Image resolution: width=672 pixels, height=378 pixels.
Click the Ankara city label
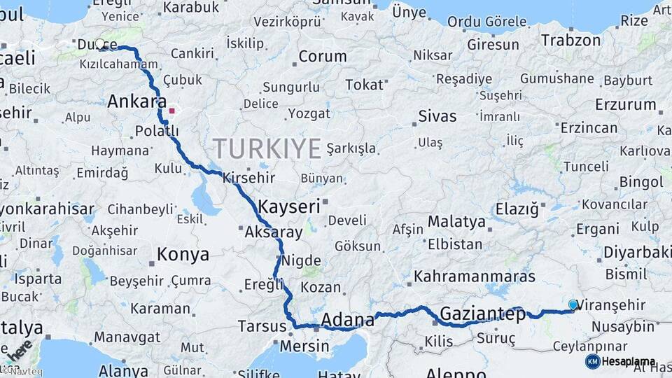tap(136, 102)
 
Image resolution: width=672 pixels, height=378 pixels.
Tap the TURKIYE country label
tap(267, 148)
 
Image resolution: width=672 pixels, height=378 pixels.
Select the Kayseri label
tap(289, 206)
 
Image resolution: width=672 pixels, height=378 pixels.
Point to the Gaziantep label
tap(483, 314)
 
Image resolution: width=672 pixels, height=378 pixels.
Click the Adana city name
tap(347, 321)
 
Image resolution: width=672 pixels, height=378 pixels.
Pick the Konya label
tap(183, 254)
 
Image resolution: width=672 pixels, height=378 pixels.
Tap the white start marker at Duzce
tap(100, 44)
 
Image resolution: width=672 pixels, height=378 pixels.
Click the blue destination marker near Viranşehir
tap(573, 304)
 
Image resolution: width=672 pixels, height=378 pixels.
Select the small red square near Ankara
tap(172, 111)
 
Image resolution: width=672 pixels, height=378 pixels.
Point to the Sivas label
tap(437, 116)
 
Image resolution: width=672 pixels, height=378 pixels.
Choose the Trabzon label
tap(570, 41)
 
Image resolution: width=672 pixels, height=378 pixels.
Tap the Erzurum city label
tap(625, 105)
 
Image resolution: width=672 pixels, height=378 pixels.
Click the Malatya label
tap(456, 222)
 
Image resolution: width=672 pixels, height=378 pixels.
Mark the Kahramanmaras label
tap(475, 277)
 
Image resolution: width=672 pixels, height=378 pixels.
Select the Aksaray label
tap(274, 232)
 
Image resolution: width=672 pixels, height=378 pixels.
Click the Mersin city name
tap(304, 346)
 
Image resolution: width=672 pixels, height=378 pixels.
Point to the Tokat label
tap(365, 85)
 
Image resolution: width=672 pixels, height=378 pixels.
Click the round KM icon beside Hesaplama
tap(592, 362)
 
